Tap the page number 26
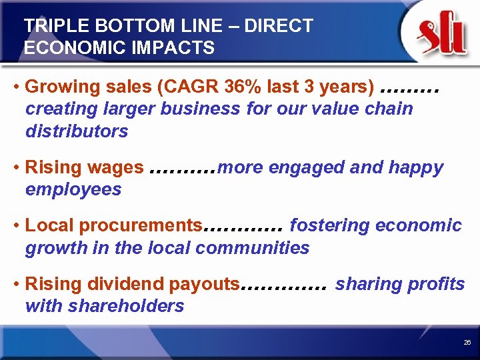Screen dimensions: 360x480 467,342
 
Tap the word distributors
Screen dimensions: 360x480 77,131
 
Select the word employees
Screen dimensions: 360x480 73,189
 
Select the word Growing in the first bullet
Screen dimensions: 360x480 58,87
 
